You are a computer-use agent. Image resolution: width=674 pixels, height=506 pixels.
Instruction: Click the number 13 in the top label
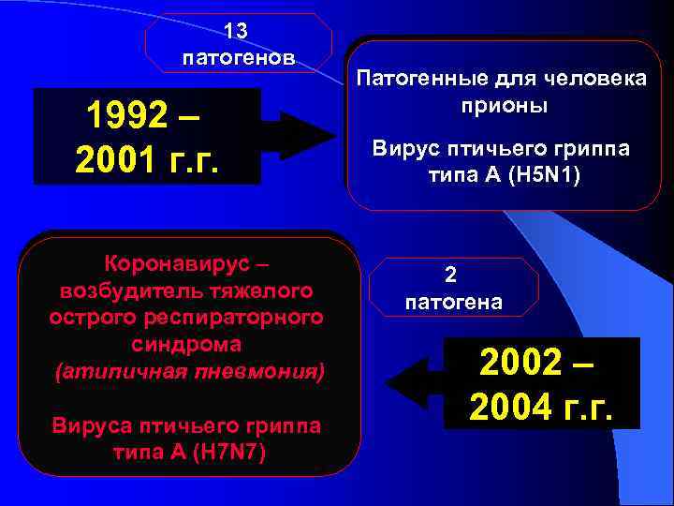pos(238,32)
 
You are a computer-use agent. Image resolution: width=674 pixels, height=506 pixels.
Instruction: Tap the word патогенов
pos(239,58)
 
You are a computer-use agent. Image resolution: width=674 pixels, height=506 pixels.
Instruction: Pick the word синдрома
pos(188,344)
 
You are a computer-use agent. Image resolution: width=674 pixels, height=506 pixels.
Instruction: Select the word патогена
pos(452,302)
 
